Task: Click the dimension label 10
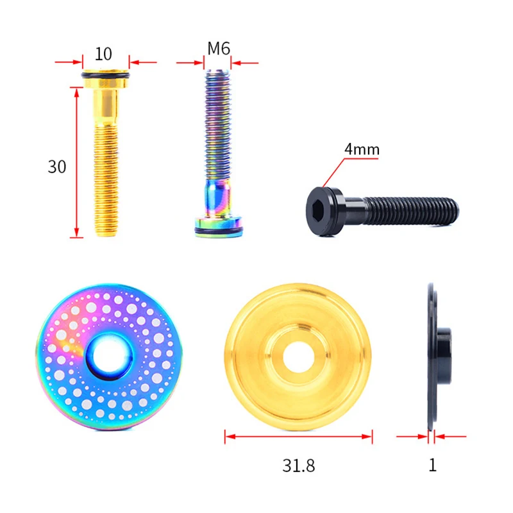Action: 105,53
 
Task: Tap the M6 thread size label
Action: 219,49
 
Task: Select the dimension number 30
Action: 57,167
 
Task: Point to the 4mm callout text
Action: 362,149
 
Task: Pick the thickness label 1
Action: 432,465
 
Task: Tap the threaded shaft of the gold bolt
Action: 106,180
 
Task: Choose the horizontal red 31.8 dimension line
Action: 298,437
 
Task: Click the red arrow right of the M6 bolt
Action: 246,63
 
